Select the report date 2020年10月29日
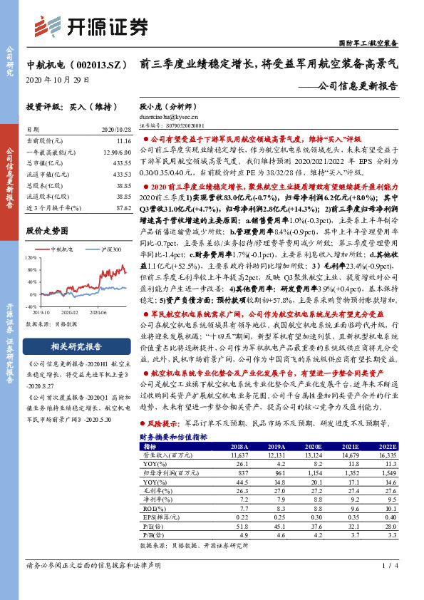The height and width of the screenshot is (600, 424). tap(58, 79)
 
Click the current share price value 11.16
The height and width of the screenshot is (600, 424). tap(124, 142)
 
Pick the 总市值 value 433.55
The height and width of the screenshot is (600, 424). tap(122, 163)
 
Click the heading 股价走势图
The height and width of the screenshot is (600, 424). tap(47, 232)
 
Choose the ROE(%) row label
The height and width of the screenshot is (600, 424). tap(155, 510)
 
